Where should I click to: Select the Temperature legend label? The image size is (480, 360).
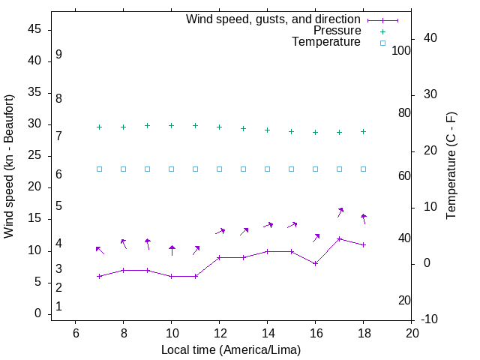click(326, 42)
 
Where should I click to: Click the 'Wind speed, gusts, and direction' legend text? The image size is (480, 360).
click(273, 19)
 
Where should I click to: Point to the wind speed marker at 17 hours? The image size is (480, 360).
click(340, 239)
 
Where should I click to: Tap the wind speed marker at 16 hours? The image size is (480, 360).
click(316, 263)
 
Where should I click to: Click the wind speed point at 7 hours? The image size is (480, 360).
click(99, 276)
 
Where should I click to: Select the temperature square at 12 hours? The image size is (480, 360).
click(220, 169)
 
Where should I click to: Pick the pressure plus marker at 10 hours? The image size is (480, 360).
click(172, 125)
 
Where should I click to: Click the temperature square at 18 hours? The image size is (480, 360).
click(364, 169)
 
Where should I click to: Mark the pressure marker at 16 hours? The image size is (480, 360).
click(316, 132)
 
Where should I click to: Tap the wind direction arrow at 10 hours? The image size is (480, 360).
click(172, 250)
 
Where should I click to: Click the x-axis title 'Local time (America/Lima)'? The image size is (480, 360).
click(231, 349)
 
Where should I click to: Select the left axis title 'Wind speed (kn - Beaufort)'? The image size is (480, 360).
click(9, 166)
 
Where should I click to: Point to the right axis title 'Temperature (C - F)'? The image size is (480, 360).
click(451, 166)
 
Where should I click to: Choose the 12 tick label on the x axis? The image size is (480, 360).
click(220, 333)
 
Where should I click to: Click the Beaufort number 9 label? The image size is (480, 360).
click(58, 55)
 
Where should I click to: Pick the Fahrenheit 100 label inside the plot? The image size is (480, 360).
click(402, 50)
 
